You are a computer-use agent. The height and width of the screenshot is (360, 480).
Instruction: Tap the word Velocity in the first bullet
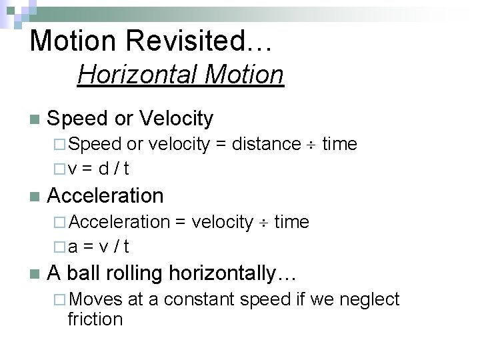pyautogui.click(x=176, y=119)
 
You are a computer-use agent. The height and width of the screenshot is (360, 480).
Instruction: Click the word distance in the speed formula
pyautogui.click(x=266, y=144)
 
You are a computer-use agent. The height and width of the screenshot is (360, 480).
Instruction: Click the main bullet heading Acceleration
pyautogui.click(x=105, y=196)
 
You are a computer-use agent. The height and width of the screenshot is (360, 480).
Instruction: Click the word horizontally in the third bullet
pyautogui.click(x=221, y=273)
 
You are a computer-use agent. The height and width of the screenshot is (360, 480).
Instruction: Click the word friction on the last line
pyautogui.click(x=95, y=319)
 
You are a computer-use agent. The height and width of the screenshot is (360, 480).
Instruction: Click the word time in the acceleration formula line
pyautogui.click(x=291, y=222)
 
